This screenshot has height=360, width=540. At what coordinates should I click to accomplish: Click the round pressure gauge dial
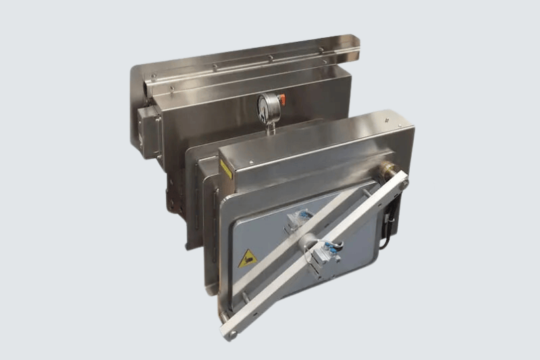click(268, 107)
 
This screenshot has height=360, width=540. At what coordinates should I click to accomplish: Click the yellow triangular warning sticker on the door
click(247, 258)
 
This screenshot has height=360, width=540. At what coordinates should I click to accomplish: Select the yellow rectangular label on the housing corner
click(225, 168)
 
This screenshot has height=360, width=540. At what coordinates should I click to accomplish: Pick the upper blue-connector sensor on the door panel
click(298, 220)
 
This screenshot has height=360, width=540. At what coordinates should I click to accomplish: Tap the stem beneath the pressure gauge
click(270, 126)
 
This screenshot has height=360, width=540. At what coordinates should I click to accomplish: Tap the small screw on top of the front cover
click(251, 162)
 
